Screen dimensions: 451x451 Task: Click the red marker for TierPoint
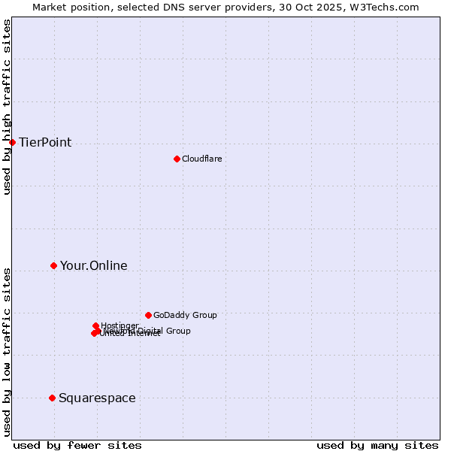pyautogui.click(x=12, y=142)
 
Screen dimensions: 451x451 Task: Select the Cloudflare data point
pyautogui.click(x=177, y=159)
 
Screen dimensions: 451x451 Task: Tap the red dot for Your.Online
pyautogui.click(x=53, y=265)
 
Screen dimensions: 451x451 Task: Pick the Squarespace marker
pyautogui.click(x=52, y=398)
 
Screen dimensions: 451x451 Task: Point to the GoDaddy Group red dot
pyautogui.click(x=148, y=315)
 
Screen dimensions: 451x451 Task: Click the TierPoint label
pyautogui.click(x=45, y=143)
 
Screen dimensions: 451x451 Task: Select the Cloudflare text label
pyautogui.click(x=201, y=159)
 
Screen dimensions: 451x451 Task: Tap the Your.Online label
pyautogui.click(x=93, y=266)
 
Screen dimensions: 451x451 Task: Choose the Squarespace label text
pyautogui.click(x=97, y=398)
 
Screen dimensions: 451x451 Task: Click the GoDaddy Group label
pyautogui.click(x=185, y=316)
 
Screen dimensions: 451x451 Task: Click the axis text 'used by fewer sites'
pyautogui.click(x=77, y=445)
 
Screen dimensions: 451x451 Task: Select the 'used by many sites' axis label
pyautogui.click(x=377, y=445)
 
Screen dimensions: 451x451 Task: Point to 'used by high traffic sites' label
pyautogui.click(x=8, y=107)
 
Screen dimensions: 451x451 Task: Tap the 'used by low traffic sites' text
pyautogui.click(x=8, y=351)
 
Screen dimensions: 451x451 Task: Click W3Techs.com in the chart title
pyautogui.click(x=387, y=7)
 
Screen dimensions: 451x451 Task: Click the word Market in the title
pyautogui.click(x=50, y=7)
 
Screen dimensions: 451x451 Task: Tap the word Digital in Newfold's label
pyautogui.click(x=150, y=331)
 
